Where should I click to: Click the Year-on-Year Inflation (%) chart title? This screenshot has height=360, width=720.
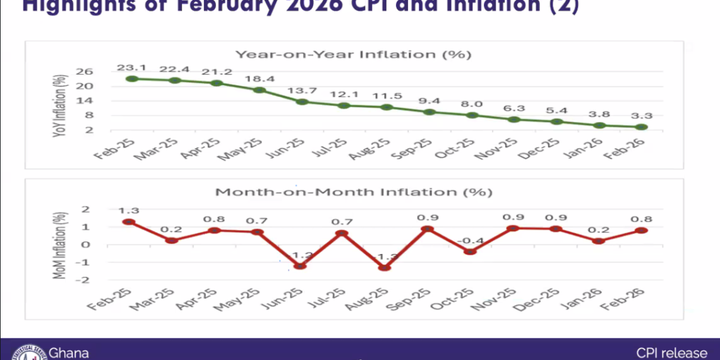tap(354, 54)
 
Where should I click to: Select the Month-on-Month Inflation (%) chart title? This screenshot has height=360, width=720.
tap(354, 191)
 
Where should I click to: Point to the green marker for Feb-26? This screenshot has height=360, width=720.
tap(642, 127)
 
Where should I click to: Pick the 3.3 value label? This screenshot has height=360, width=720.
tap(642, 115)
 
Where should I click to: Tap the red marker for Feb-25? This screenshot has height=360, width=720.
tap(129, 222)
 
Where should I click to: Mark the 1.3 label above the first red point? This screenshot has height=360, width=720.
tap(129, 210)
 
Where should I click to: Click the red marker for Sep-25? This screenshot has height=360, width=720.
tap(428, 229)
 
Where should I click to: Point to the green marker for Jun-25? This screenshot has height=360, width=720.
tap(302, 102)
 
